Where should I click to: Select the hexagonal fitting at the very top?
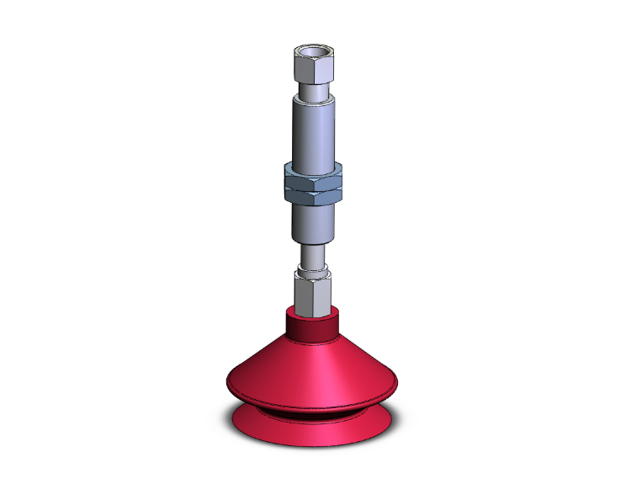pos(312,72)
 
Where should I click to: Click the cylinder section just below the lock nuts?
pos(312,222)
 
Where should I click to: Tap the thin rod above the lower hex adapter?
pos(312,254)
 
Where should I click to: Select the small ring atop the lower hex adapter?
pos(312,271)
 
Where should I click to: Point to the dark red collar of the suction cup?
pos(312,328)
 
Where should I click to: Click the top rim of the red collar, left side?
pos(291,313)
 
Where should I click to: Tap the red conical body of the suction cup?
pos(312,370)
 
